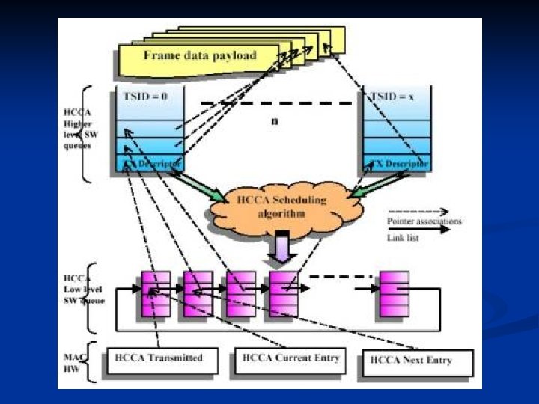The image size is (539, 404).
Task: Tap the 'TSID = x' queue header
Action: point(395,97)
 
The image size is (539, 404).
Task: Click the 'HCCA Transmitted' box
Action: point(160,358)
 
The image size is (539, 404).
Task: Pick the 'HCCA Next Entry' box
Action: point(416,361)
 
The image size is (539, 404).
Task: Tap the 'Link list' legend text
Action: point(402,237)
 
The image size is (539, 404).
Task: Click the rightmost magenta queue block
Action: point(394,294)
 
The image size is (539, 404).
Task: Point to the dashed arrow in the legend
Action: point(417,212)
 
